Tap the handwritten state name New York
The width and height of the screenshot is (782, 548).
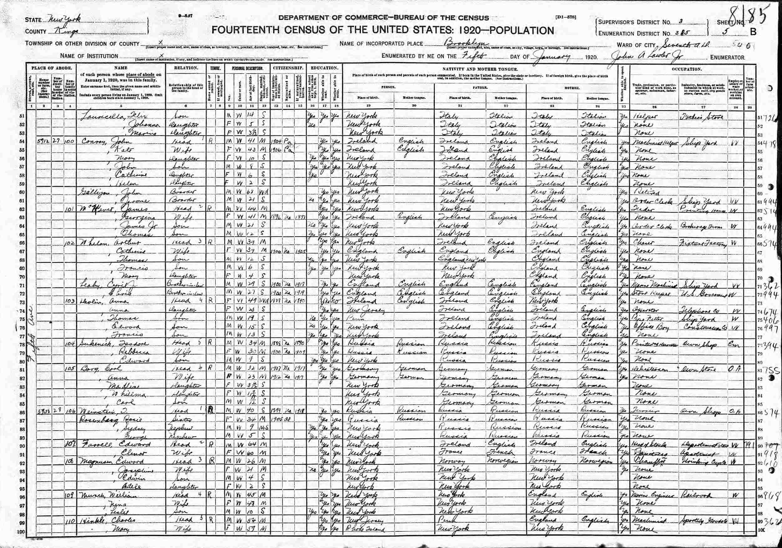[x=63, y=20]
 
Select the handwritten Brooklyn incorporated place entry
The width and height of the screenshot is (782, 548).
[x=467, y=44]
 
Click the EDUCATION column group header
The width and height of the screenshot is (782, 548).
[x=323, y=68]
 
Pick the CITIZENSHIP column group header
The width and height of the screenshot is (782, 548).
[x=287, y=68]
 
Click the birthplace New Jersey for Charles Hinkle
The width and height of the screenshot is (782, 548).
[x=364, y=521]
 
